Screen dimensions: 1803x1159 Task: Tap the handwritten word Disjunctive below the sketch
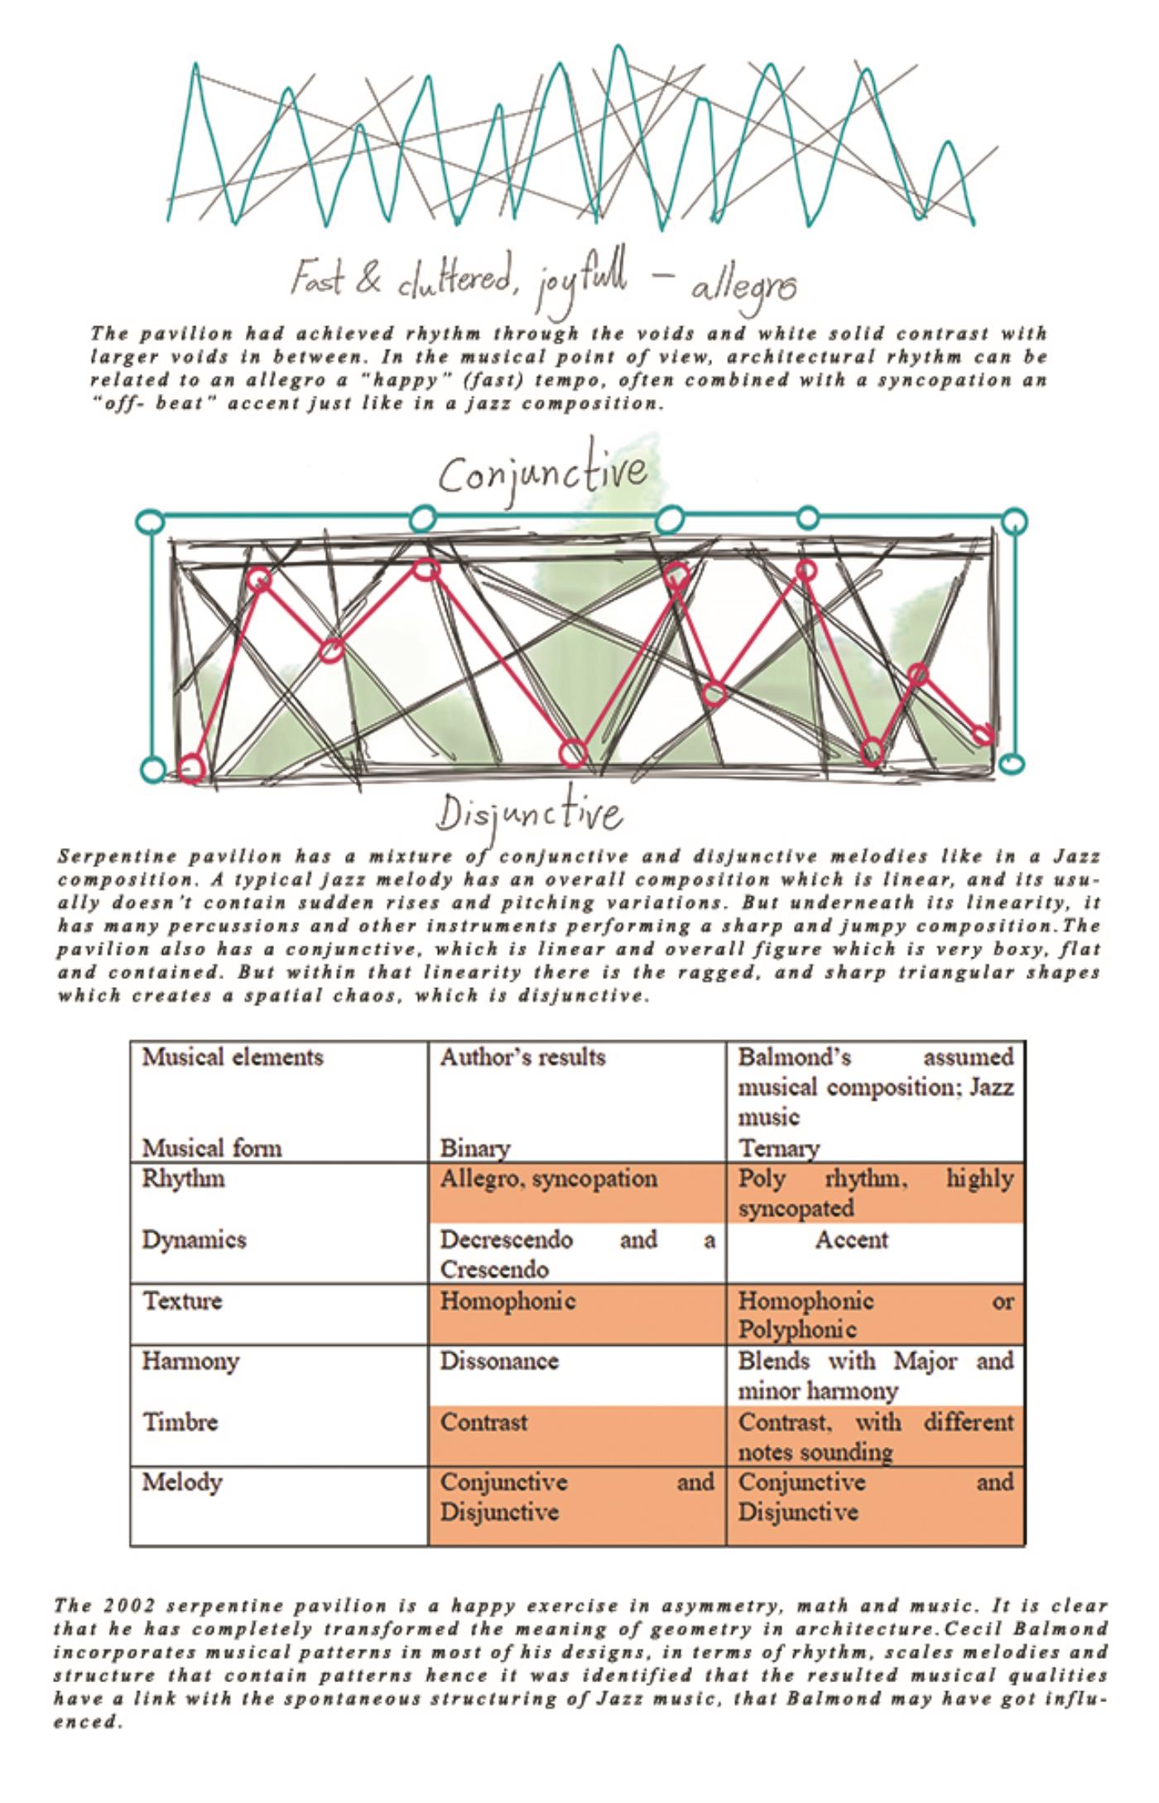click(x=530, y=814)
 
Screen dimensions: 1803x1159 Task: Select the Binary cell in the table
click(x=474, y=1148)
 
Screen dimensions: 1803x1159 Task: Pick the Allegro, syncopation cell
click(x=548, y=1179)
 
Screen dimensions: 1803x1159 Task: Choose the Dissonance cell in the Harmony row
click(x=499, y=1361)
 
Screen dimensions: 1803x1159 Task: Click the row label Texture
click(x=182, y=1300)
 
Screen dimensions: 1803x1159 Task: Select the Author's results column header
click(x=522, y=1058)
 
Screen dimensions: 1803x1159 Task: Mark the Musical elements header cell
click(x=233, y=1058)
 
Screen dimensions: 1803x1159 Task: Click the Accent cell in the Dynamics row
click(x=851, y=1240)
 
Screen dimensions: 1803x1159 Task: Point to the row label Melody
click(x=182, y=1482)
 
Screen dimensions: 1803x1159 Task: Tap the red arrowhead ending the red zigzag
click(x=983, y=735)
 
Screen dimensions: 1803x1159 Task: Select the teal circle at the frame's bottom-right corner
click(x=1012, y=763)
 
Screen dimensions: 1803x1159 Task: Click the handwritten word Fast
click(x=315, y=280)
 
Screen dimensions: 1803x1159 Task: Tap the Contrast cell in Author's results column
click(x=483, y=1422)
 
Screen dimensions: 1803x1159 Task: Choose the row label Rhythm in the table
click(x=183, y=1179)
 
